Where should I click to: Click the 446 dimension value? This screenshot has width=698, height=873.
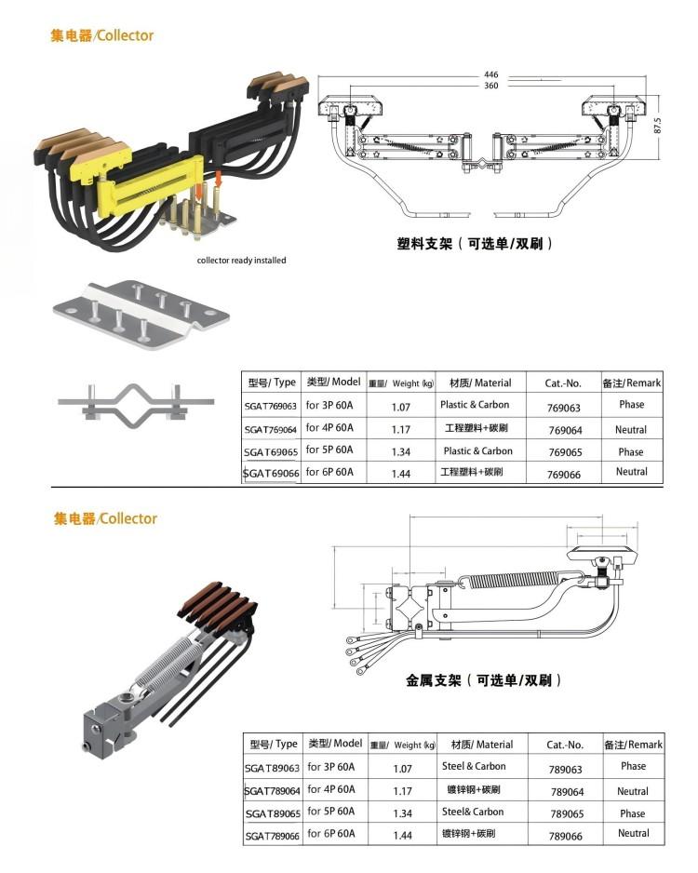pyautogui.click(x=490, y=74)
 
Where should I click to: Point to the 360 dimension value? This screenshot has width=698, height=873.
pyautogui.click(x=490, y=86)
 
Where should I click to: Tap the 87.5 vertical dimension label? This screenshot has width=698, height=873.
pyautogui.click(x=657, y=125)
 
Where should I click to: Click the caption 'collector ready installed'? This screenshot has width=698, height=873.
pyautogui.click(x=242, y=261)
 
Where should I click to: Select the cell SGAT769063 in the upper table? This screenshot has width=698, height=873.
pyautogui.click(x=271, y=407)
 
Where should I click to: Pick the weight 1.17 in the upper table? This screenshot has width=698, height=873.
pyautogui.click(x=401, y=430)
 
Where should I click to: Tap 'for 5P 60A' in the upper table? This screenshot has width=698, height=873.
pyautogui.click(x=329, y=450)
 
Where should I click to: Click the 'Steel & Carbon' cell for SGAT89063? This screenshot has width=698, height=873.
pyautogui.click(x=474, y=767)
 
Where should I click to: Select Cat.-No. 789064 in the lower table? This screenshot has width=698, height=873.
pyautogui.click(x=567, y=792)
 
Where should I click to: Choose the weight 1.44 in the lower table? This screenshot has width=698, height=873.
pyautogui.click(x=402, y=836)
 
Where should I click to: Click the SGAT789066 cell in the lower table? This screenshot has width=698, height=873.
pyautogui.click(x=272, y=836)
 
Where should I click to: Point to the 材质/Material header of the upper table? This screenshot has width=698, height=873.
pyautogui.click(x=480, y=383)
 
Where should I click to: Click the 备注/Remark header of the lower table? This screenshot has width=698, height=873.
pyautogui.click(x=633, y=745)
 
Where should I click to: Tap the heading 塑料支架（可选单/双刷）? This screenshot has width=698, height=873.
pyautogui.click(x=476, y=244)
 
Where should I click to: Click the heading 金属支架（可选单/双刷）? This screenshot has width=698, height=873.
pyautogui.click(x=484, y=680)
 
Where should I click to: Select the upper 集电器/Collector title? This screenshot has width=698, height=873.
pyautogui.click(x=101, y=35)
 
